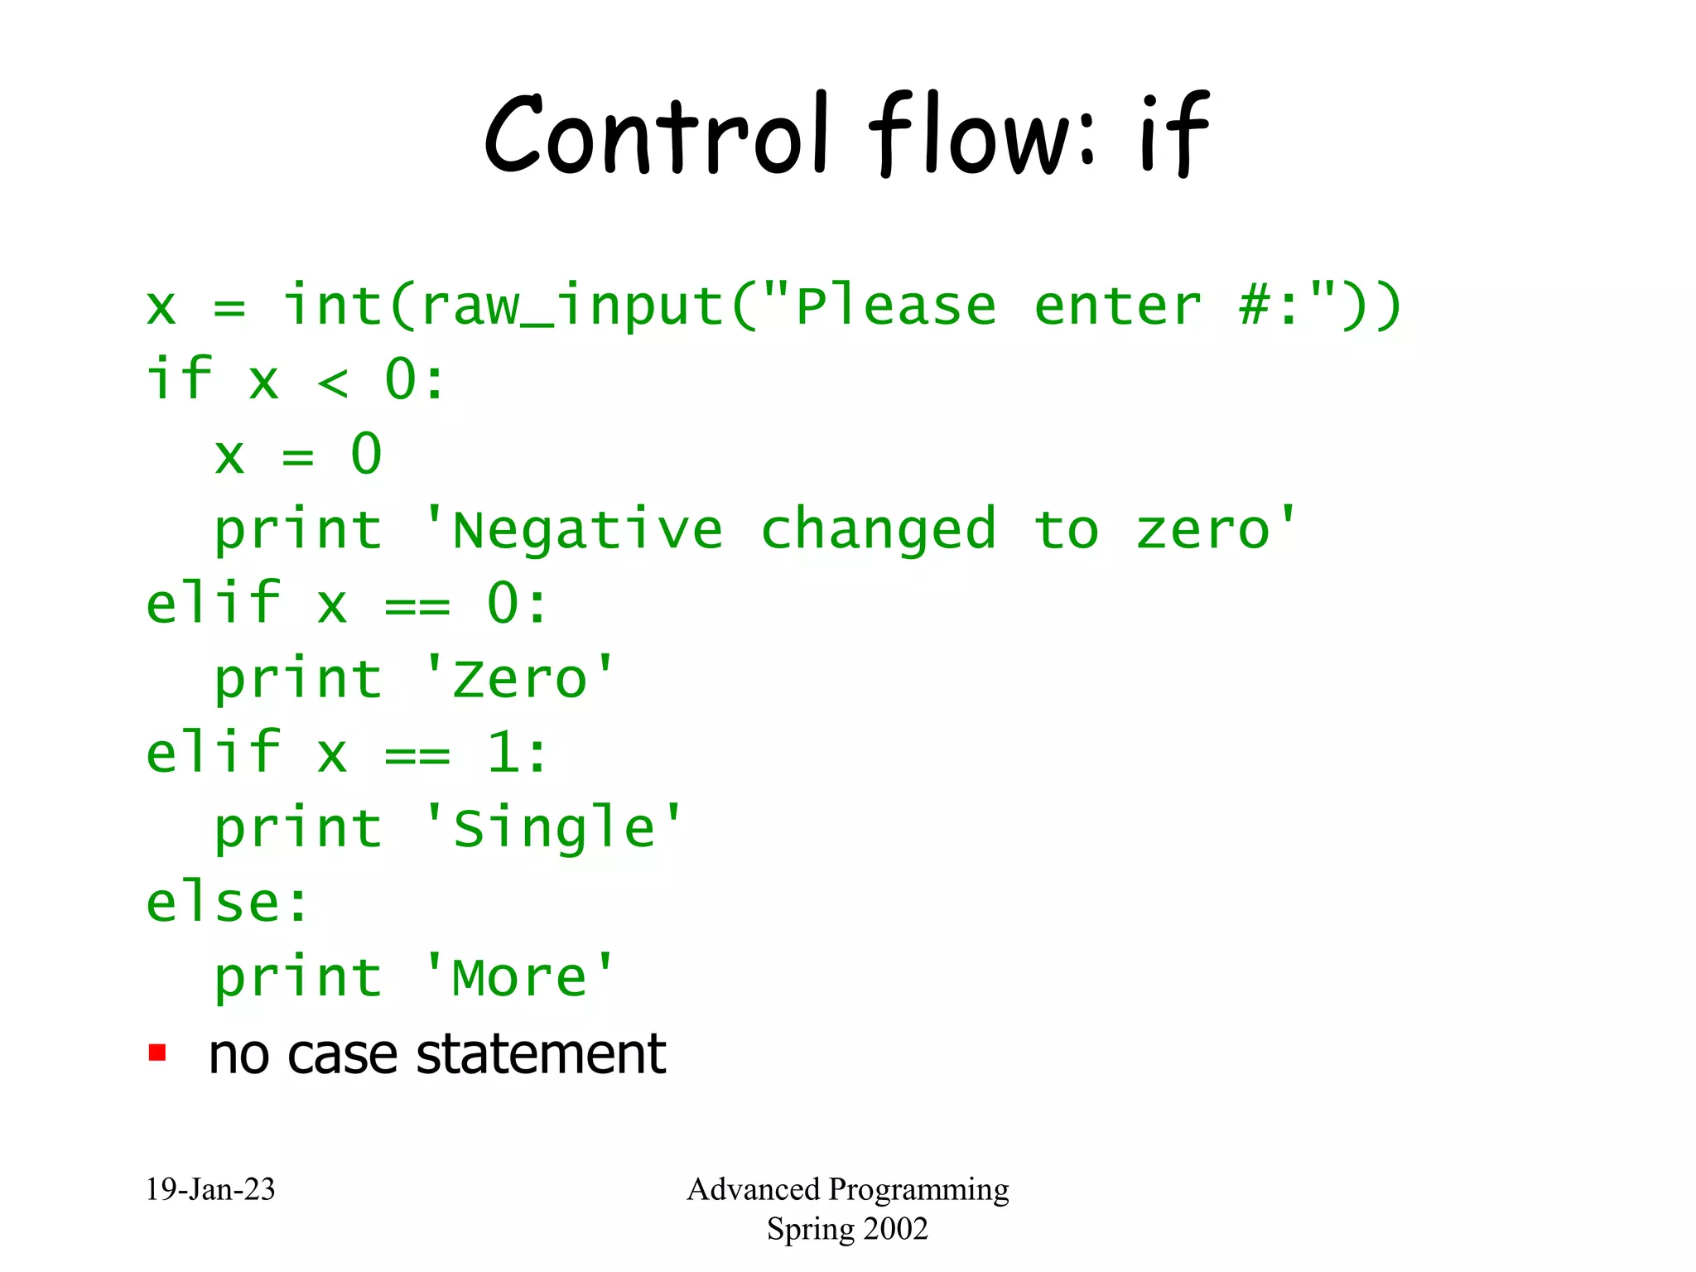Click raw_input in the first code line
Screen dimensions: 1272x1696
point(571,306)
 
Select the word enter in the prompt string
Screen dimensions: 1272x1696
point(1117,306)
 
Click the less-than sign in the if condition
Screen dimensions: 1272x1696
point(333,382)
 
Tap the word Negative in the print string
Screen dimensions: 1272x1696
point(587,530)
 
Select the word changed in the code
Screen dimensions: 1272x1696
point(878,530)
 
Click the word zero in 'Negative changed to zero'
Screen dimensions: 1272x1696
point(1202,530)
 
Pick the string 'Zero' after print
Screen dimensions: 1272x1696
point(519,679)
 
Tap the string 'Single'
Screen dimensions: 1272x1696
point(553,828)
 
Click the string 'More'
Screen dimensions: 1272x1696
point(519,977)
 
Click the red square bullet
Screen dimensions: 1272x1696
point(157,1053)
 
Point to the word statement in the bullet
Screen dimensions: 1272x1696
point(541,1055)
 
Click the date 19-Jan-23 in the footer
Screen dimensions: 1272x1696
point(210,1189)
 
